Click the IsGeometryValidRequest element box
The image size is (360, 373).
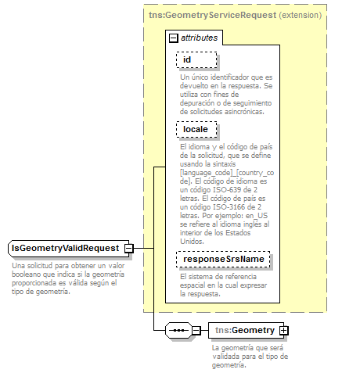coord(65,248)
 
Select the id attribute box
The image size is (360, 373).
coord(196,59)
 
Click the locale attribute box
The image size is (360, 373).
coord(196,128)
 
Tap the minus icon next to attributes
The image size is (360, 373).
coord(174,38)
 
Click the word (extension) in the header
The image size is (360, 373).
coord(300,15)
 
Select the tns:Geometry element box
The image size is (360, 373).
coord(245,330)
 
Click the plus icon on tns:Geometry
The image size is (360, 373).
coord(283,330)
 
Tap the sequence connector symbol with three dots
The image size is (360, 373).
coord(178,330)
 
